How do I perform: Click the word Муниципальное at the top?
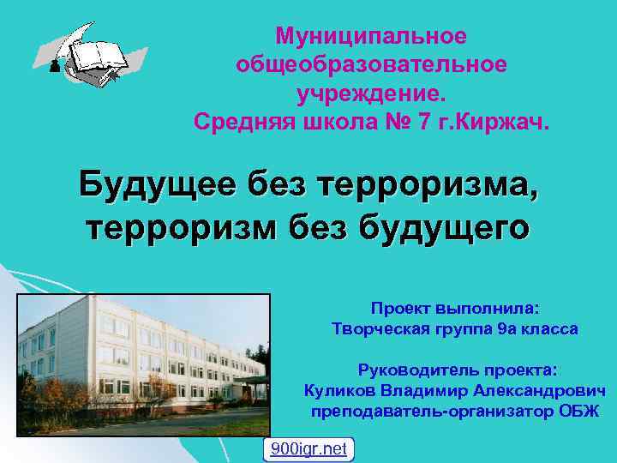pyautogui.click(x=371, y=36)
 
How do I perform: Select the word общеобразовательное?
pyautogui.click(x=371, y=64)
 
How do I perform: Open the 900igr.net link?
pyautogui.click(x=308, y=448)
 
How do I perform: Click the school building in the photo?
pyautogui.click(x=129, y=352)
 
